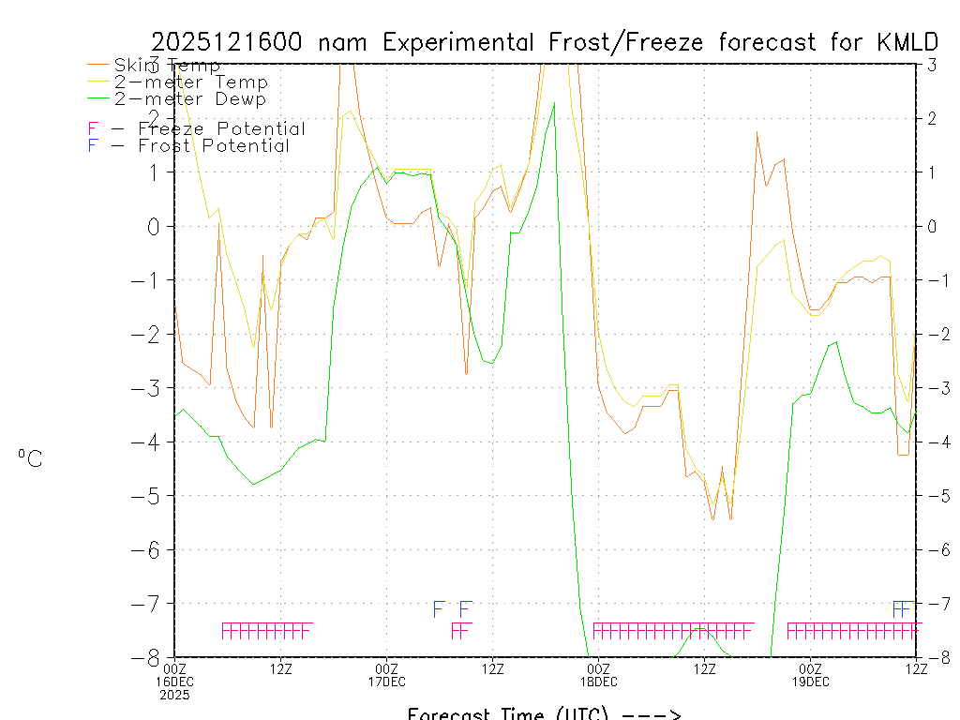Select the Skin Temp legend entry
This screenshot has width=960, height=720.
(167, 66)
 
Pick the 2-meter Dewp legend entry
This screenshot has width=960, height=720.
(189, 99)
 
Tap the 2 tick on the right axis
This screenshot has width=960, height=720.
(932, 118)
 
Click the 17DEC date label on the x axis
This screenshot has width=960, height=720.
(386, 682)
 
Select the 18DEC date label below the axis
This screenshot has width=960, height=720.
(598, 682)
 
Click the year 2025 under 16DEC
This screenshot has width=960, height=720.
(174, 695)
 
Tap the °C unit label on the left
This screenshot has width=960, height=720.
(30, 458)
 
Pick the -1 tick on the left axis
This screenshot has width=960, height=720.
(155, 279)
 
